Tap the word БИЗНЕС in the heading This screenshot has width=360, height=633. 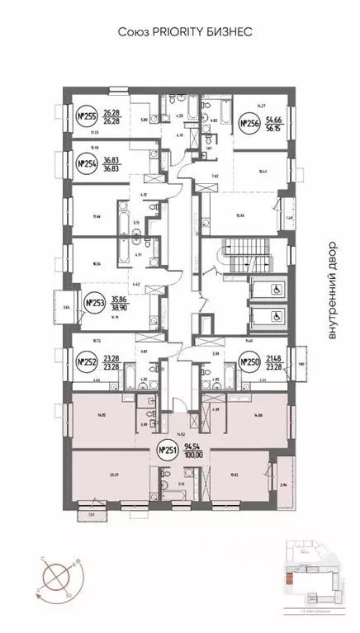pyautogui.click(x=225, y=31)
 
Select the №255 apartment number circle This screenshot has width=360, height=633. pyautogui.click(x=86, y=116)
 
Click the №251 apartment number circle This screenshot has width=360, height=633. pyautogui.click(x=168, y=451)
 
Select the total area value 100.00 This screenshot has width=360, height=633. pyautogui.click(x=194, y=456)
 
